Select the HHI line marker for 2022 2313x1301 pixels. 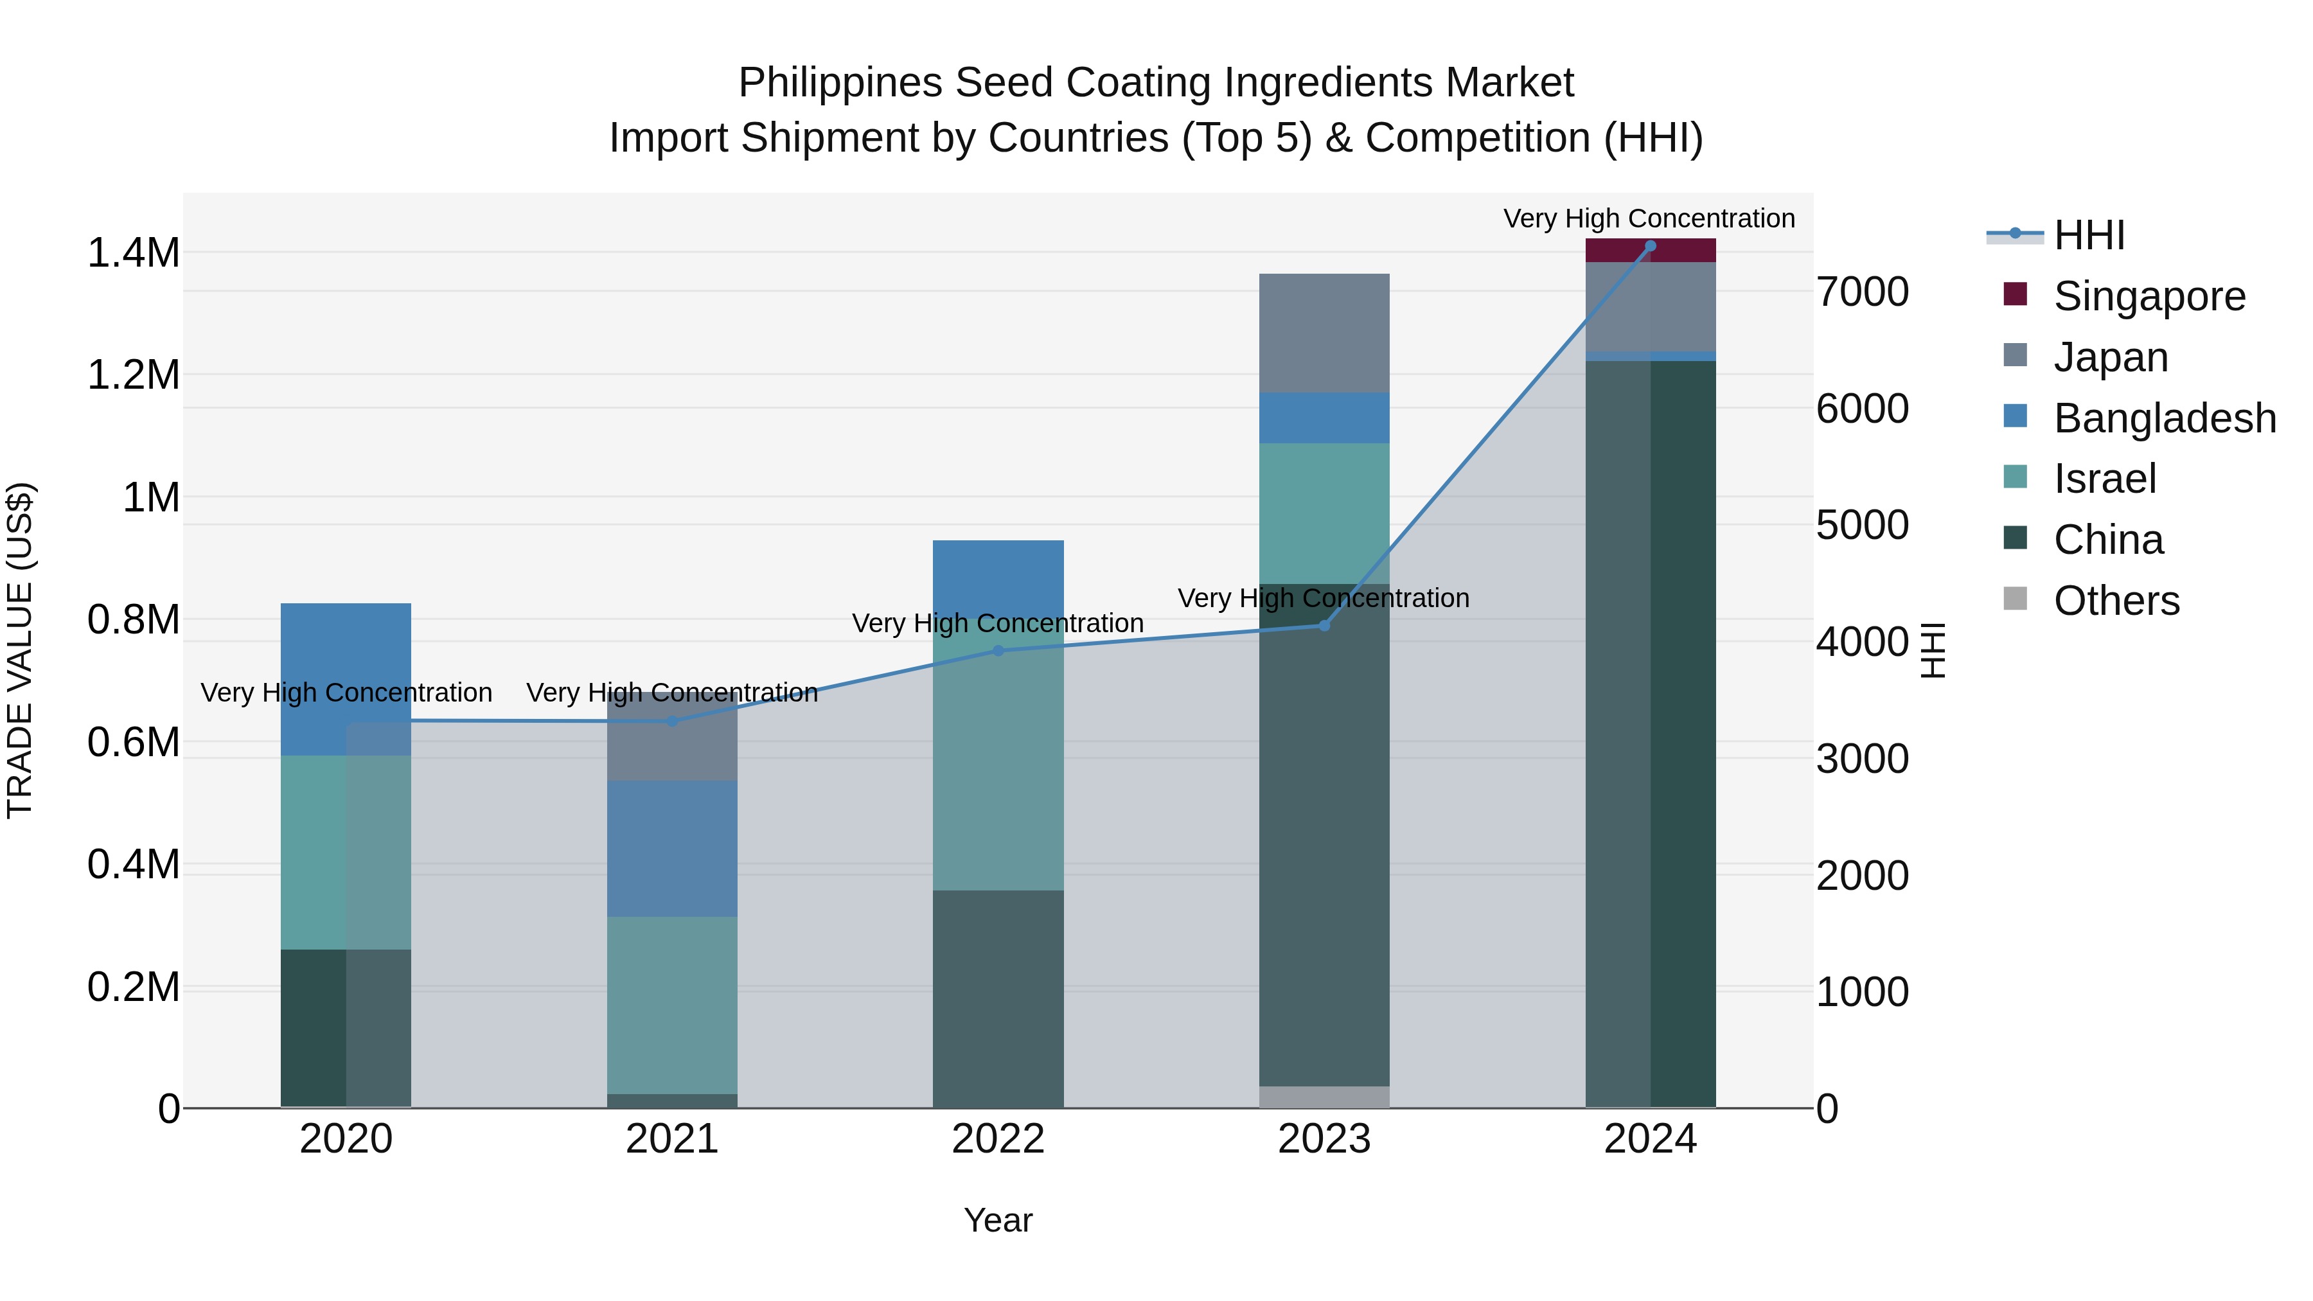(998, 651)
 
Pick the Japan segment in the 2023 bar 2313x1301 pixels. (1324, 332)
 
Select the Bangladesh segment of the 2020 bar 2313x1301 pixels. (346, 679)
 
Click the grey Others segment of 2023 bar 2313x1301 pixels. (1324, 1097)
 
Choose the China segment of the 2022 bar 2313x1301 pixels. (998, 998)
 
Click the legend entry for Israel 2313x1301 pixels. (2104, 479)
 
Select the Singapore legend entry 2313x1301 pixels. (2149, 296)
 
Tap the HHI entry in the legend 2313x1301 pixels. (2089, 235)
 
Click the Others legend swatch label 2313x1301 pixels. (2116, 601)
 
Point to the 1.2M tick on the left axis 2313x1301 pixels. (134, 375)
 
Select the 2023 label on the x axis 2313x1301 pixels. (1324, 1139)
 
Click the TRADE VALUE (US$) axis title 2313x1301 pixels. (20, 650)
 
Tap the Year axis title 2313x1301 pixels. (998, 1220)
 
